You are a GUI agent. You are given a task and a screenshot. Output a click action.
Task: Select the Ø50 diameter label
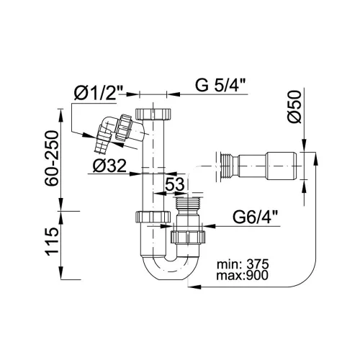[294, 107]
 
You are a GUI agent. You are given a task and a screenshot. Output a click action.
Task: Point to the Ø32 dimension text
[109, 166]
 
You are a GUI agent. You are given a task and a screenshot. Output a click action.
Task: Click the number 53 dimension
[175, 184]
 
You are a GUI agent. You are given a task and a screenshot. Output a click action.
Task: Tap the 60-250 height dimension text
[51, 158]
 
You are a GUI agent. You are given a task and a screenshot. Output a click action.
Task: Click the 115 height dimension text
[53, 242]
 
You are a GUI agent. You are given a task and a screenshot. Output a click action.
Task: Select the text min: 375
[243, 264]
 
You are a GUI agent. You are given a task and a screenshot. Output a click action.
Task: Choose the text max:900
[242, 275]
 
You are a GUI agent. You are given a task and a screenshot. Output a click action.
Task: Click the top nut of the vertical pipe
[153, 114]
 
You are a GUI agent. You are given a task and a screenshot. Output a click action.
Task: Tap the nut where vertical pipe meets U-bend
[153, 216]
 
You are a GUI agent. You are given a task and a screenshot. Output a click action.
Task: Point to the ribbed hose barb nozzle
[102, 143]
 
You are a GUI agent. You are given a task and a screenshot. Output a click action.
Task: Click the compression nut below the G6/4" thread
[188, 238]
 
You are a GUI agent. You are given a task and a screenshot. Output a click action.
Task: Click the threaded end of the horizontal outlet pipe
[227, 166]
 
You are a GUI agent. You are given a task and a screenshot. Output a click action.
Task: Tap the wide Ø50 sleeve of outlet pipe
[282, 166]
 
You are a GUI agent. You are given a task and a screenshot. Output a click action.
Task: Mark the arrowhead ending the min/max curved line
[194, 287]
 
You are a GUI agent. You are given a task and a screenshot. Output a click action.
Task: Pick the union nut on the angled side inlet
[123, 127]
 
